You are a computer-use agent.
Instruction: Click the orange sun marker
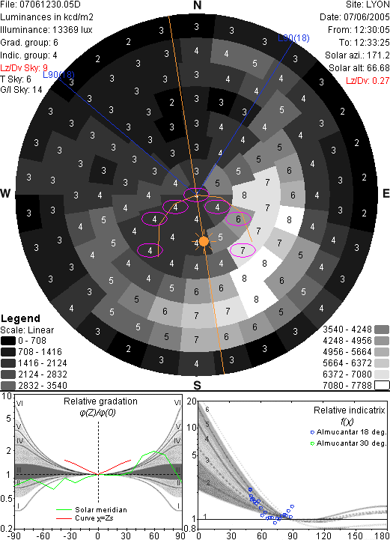coord(204,241)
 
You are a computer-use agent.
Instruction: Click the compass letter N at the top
coord(197,5)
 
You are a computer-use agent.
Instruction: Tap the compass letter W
coord(5,193)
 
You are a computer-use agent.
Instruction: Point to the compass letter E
coord(386,193)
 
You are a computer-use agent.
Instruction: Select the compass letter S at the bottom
coord(197,385)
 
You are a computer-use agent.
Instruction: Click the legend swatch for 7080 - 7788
coord(382,385)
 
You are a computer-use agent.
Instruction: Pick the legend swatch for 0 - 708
coord(8,341)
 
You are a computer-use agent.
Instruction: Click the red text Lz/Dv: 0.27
coord(368,81)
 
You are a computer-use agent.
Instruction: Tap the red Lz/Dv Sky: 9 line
coord(24,67)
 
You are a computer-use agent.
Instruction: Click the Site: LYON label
coord(368,4)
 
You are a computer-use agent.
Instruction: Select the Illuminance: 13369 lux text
coord(46,30)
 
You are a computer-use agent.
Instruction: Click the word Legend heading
coord(20,318)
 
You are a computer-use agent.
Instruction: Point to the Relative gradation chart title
coord(100,401)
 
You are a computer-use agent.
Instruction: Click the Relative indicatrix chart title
coord(349,410)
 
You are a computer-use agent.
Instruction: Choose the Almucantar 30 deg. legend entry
coord(348,443)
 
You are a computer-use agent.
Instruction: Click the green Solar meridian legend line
coord(64,510)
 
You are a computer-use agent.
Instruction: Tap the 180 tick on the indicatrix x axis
coord(382,536)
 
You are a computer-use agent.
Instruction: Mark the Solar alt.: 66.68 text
coord(359,68)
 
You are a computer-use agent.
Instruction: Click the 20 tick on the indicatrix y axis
coord(192,401)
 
